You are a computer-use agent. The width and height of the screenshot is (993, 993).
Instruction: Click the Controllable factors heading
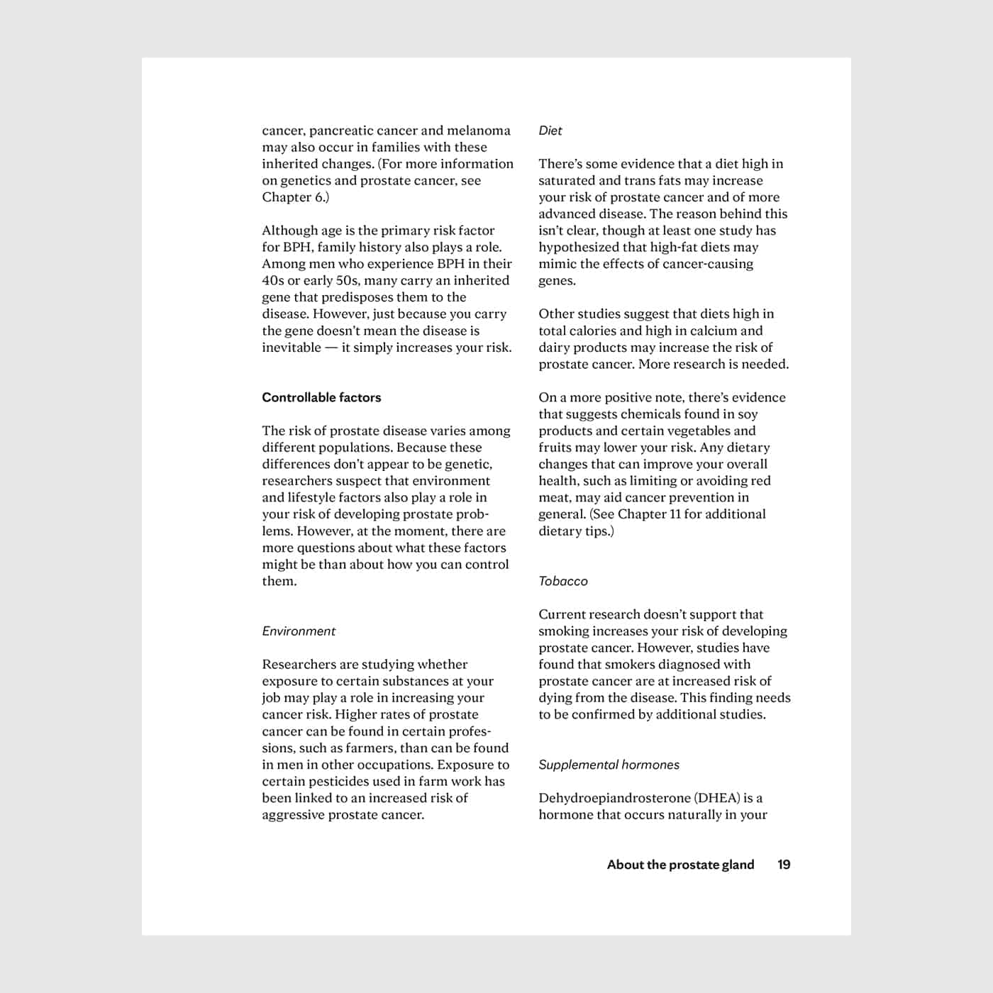click(x=321, y=397)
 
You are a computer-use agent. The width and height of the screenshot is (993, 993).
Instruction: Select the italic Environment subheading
click(x=299, y=631)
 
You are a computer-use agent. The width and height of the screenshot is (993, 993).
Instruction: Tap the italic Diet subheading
click(x=550, y=131)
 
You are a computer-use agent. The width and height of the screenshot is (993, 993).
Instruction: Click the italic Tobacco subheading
click(x=563, y=581)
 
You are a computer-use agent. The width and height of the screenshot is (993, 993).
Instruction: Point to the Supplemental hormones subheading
click(x=609, y=765)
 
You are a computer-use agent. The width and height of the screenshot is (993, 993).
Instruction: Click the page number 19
click(x=784, y=865)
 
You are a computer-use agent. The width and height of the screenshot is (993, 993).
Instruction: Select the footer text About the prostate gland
click(x=680, y=865)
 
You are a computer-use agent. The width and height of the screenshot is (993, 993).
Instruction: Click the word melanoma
click(x=479, y=131)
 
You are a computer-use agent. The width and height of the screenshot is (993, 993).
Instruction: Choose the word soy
click(x=748, y=414)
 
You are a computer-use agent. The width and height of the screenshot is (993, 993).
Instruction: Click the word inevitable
click(x=292, y=348)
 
